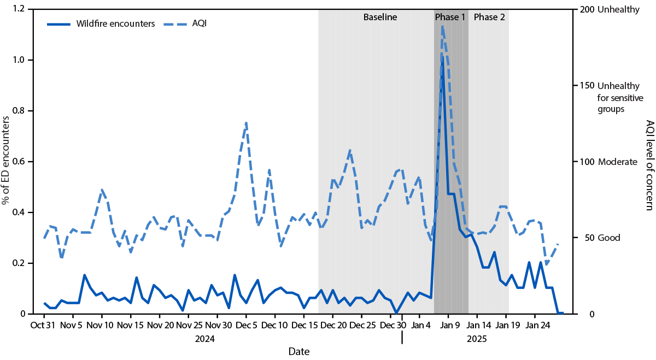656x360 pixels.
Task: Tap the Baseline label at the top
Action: (x=380, y=17)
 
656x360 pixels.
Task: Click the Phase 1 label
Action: (x=450, y=17)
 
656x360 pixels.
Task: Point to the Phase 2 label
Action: (x=489, y=17)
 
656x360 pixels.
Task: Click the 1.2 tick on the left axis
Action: (x=19, y=9)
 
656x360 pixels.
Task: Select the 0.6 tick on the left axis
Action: (x=19, y=162)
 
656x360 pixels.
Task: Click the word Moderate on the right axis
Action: (x=618, y=162)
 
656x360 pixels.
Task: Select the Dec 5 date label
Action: (x=246, y=326)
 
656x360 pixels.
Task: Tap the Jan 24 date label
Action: (x=535, y=326)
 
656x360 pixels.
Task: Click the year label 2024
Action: (x=205, y=339)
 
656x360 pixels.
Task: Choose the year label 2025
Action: (x=477, y=339)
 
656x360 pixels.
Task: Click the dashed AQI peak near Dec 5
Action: (x=246, y=123)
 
